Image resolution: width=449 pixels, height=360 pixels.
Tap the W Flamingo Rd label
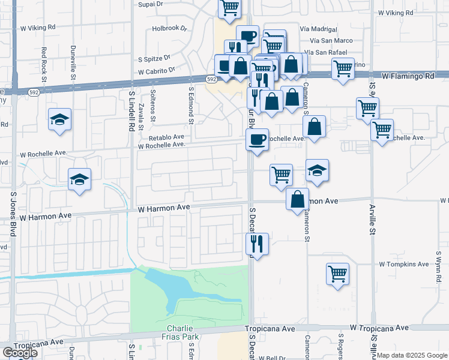tap(408, 77)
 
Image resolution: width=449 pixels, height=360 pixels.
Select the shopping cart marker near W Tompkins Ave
tap(338, 274)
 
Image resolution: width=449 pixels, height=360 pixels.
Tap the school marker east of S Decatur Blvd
tap(317, 170)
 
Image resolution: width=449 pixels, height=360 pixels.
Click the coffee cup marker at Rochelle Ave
tap(257, 140)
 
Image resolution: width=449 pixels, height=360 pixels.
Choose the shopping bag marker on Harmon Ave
tap(298, 199)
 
